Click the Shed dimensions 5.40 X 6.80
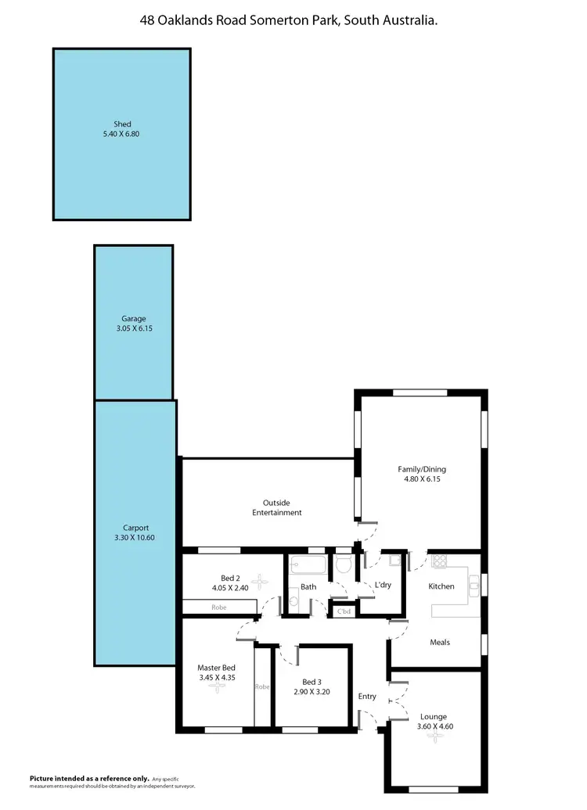(121, 134)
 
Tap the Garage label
(133, 318)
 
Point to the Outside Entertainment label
(276, 507)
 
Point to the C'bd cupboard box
(343, 612)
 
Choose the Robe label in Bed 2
(219, 607)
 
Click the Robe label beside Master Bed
(261, 687)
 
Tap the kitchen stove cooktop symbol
(438, 561)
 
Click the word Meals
(439, 643)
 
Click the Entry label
(367, 697)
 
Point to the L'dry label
(383, 585)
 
